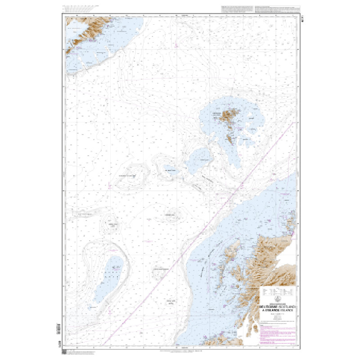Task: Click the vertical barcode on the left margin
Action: point(58,329)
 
